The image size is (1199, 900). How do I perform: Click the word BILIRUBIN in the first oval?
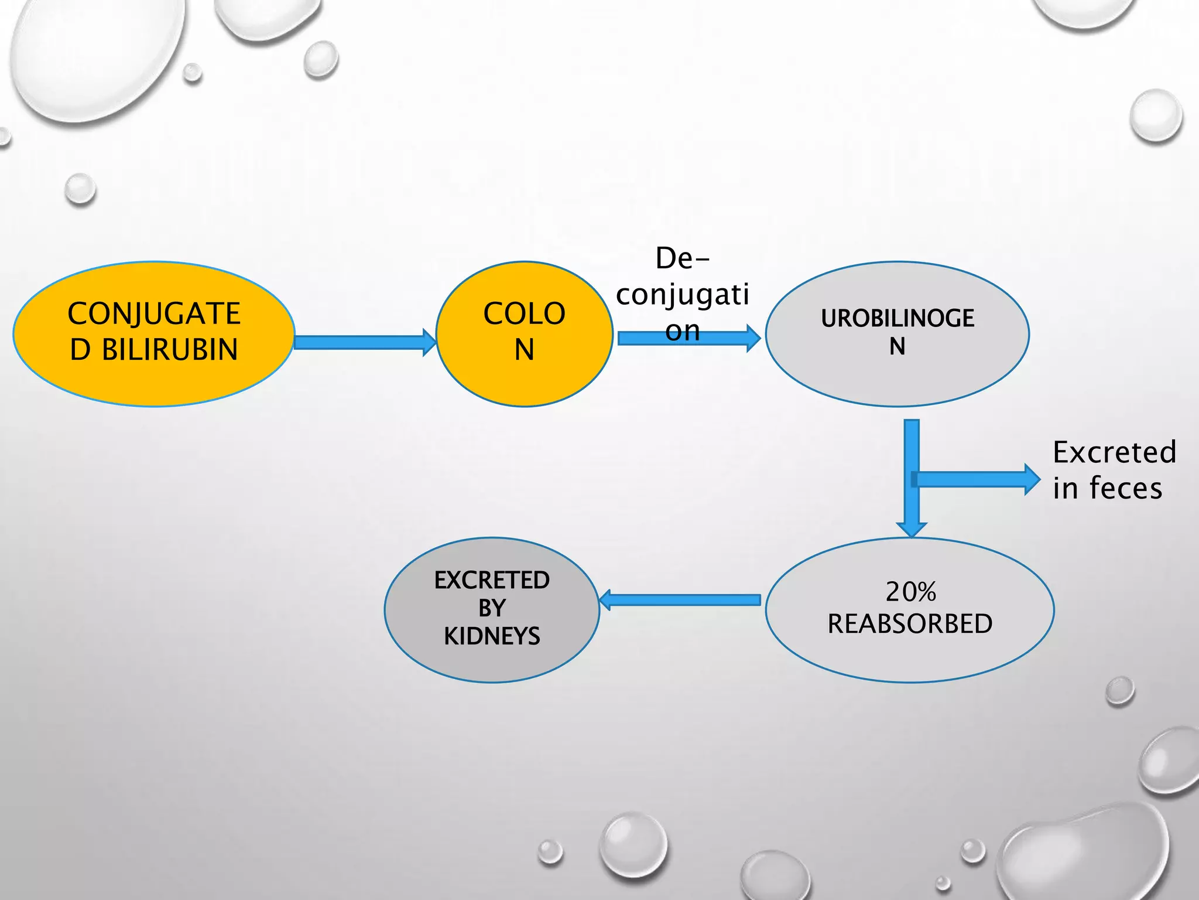tap(170, 350)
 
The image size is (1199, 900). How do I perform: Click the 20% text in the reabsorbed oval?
tap(910, 592)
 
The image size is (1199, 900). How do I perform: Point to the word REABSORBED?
tap(910, 624)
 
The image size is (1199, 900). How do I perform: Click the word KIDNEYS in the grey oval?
tap(492, 636)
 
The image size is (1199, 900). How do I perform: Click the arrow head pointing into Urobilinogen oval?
tap(753, 338)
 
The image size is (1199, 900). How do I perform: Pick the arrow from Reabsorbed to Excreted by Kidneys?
tap(679, 599)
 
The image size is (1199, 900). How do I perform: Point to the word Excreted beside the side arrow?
tap(1114, 452)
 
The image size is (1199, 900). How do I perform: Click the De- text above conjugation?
tap(682, 258)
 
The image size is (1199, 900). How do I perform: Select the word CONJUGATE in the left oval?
tap(154, 313)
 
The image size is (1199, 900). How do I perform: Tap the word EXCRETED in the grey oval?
tap(492, 580)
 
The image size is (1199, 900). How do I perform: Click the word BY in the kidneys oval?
tap(492, 608)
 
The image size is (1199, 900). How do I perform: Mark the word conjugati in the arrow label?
tap(682, 294)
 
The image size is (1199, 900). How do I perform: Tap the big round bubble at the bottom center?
tap(633, 844)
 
